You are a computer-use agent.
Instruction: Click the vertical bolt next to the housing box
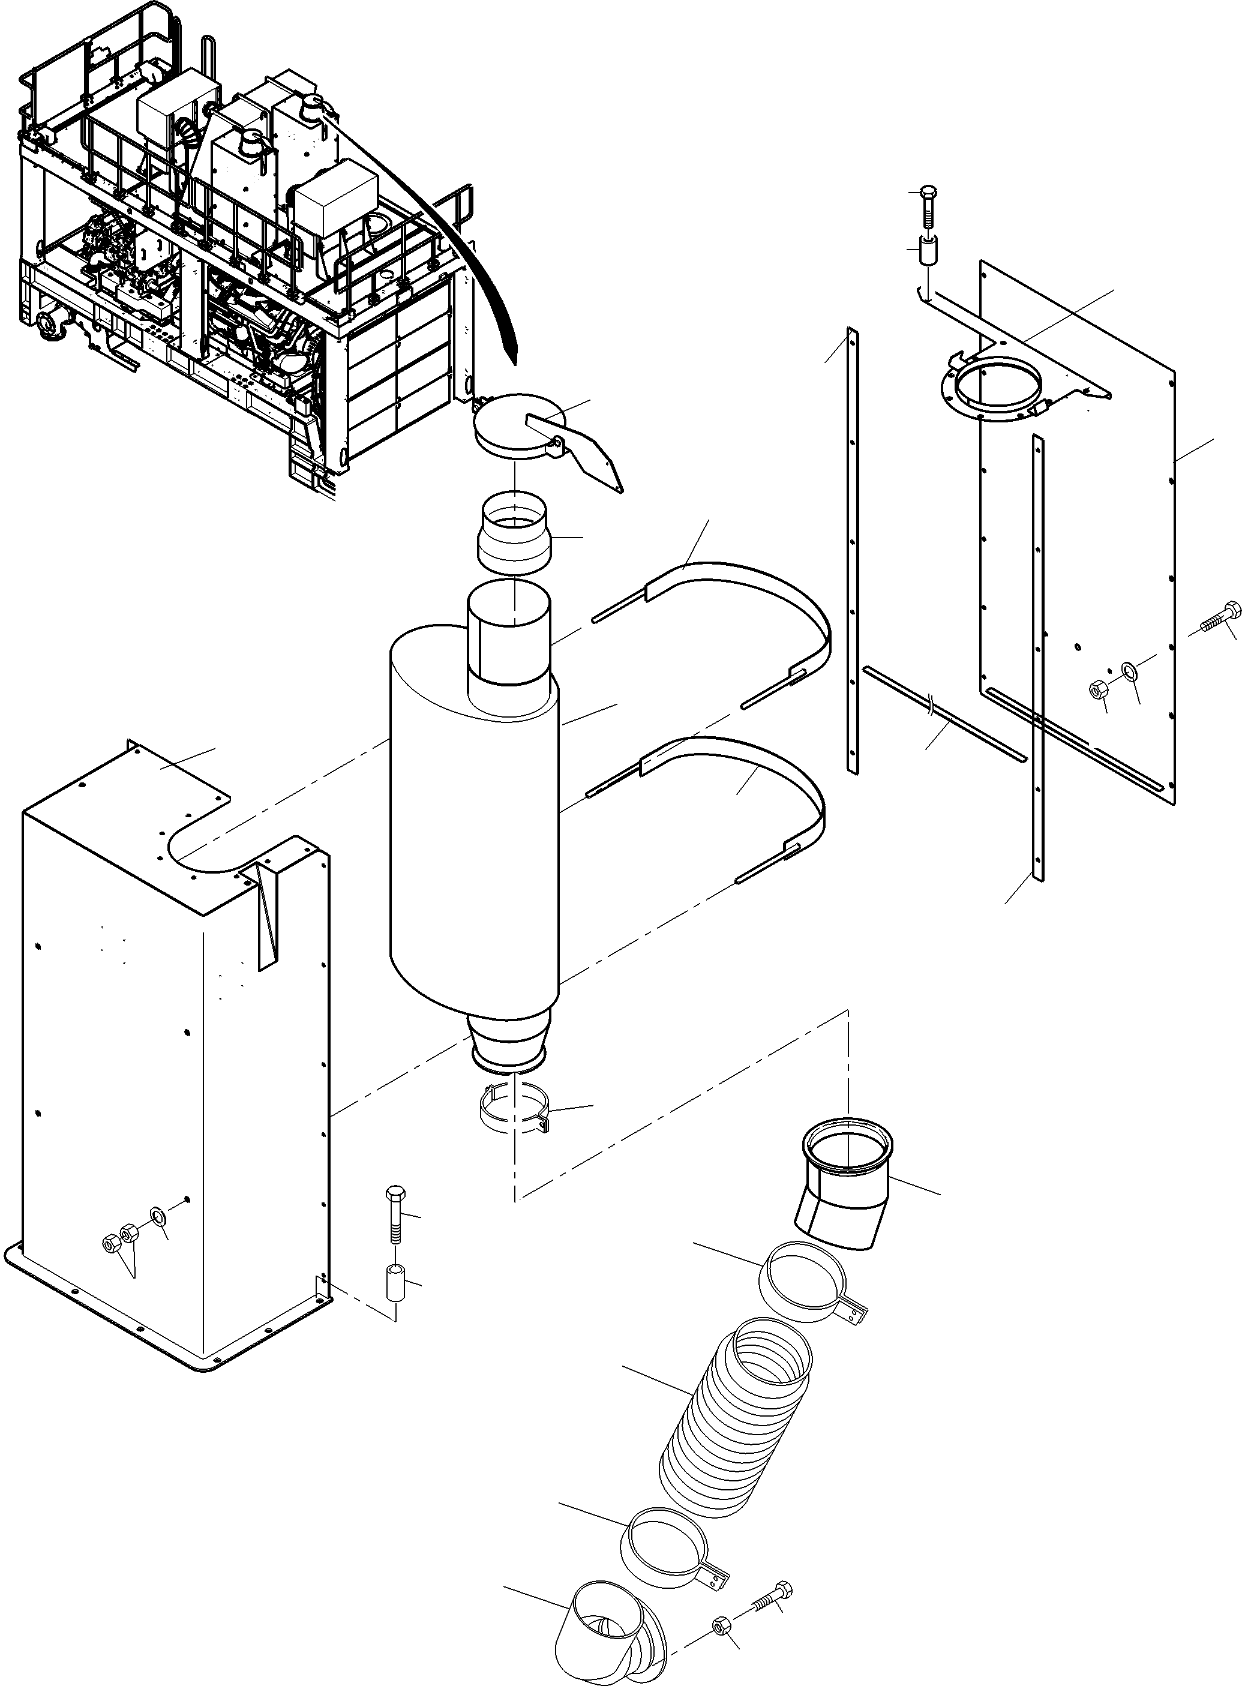(x=395, y=1214)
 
